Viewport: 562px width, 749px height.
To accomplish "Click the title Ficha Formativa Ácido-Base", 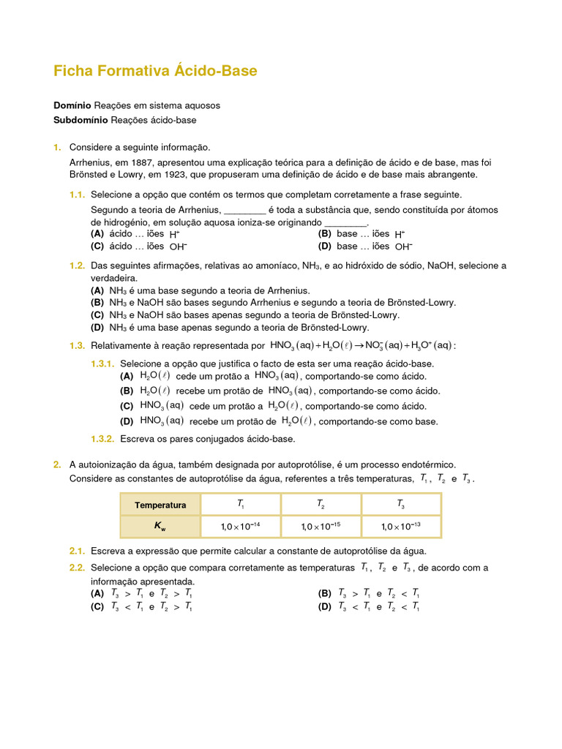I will click(x=155, y=71).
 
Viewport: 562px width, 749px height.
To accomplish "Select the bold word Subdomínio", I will click(x=80, y=120).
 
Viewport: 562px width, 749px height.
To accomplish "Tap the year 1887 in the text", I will click(x=143, y=162).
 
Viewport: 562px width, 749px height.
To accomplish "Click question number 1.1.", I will click(x=78, y=195).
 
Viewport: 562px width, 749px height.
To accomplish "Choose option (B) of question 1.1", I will click(x=325, y=234).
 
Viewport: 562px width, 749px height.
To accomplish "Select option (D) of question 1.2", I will click(x=97, y=328).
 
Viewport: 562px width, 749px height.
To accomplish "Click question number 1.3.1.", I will click(x=102, y=364).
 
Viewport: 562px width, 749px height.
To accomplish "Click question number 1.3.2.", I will click(x=102, y=439).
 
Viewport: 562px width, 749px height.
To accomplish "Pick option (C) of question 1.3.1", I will click(x=127, y=406).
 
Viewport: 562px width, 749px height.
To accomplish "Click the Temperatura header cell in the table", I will click(x=160, y=505).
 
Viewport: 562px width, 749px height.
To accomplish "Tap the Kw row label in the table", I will click(x=160, y=526).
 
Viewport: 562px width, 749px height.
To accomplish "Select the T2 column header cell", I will click(x=321, y=505).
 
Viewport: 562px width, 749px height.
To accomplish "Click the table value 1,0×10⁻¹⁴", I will click(x=240, y=526).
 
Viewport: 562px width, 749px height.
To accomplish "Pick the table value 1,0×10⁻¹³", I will click(x=400, y=526).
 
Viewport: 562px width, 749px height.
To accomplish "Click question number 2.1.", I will click(x=78, y=551).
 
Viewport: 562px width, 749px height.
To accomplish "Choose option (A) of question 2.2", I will click(x=97, y=593).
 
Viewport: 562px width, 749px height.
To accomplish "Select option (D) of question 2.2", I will click(x=325, y=606).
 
